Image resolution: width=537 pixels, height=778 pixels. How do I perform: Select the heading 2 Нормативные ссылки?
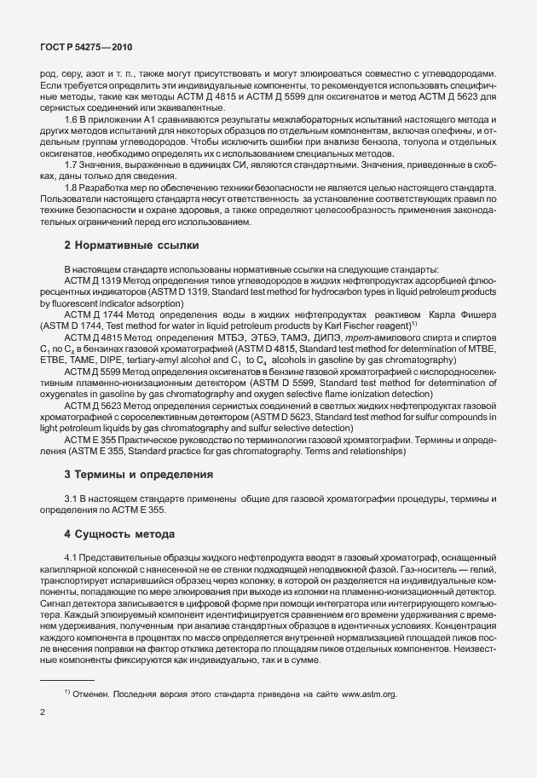click(x=131, y=245)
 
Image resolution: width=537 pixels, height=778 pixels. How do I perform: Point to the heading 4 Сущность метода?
click(x=119, y=534)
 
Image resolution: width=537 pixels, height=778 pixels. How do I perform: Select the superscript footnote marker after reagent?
click(x=413, y=324)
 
